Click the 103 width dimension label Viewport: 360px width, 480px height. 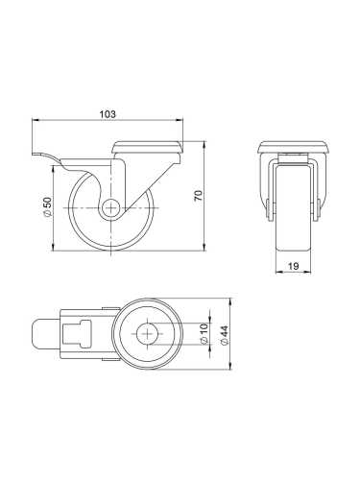click(108, 113)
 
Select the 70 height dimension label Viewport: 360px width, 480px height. click(198, 196)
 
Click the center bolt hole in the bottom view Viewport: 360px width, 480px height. click(147, 335)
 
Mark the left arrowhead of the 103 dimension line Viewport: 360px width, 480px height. click(36, 121)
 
